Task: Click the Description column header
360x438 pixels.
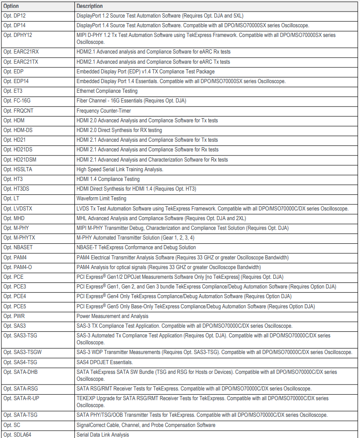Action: pyautogui.click(x=90, y=6)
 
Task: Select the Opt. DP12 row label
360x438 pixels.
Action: pyautogui.click(x=15, y=16)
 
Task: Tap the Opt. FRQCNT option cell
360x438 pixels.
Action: pyautogui.click(x=18, y=111)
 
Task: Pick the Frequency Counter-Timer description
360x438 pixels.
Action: pyautogui.click(x=103, y=111)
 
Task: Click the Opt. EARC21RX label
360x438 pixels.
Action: pyautogui.click(x=21, y=52)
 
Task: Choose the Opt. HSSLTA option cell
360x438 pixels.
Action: pyautogui.click(x=18, y=169)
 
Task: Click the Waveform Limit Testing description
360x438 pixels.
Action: pyautogui.click(x=101, y=198)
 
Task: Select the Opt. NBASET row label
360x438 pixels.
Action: pyautogui.click(x=18, y=247)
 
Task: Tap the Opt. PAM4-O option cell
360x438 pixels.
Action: pyautogui.click(x=18, y=267)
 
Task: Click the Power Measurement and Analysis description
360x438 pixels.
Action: pyautogui.click(x=112, y=316)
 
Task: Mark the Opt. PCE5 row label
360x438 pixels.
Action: pyautogui.click(x=14, y=306)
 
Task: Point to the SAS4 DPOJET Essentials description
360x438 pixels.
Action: pyautogui.click(x=104, y=362)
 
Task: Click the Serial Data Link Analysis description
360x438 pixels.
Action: pyautogui.click(x=102, y=434)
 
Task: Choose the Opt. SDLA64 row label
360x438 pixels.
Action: pyautogui.click(x=17, y=434)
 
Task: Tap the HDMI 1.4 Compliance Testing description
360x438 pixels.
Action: pyautogui.click(x=108, y=179)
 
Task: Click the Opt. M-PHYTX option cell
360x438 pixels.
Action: pyautogui.click(x=19, y=238)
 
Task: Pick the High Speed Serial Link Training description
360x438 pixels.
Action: pyautogui.click(x=120, y=169)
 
